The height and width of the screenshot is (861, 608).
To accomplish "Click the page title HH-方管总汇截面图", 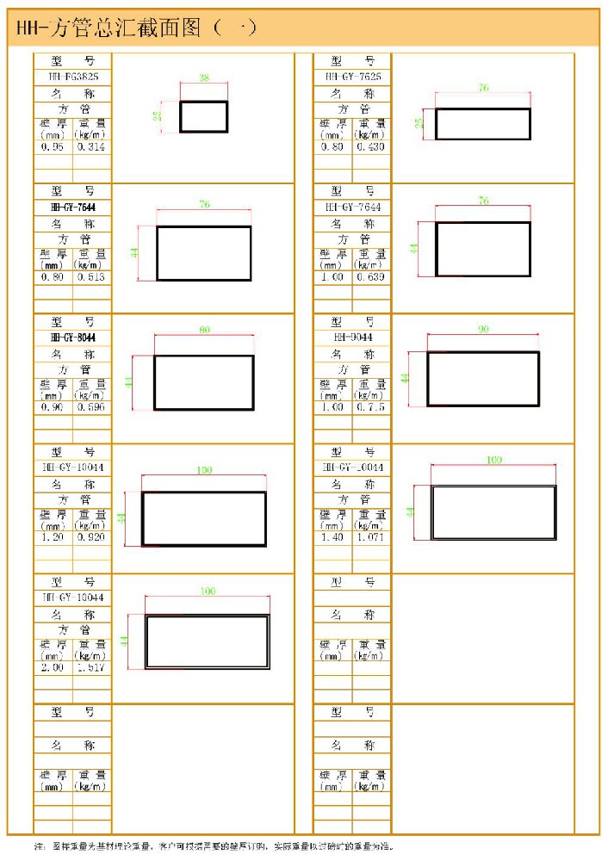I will [x=129, y=28].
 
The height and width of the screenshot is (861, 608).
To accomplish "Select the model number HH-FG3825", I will [x=73, y=77].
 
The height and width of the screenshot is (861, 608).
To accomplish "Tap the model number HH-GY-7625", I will [x=353, y=77].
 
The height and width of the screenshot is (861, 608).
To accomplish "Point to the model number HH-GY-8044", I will [x=73, y=338].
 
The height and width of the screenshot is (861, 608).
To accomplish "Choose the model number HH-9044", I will [x=353, y=338].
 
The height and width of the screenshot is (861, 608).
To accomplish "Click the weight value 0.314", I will [x=91, y=147].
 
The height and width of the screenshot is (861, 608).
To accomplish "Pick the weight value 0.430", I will [x=371, y=147].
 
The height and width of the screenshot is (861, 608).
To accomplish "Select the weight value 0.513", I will [x=91, y=277].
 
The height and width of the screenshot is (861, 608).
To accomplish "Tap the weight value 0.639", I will [x=371, y=277].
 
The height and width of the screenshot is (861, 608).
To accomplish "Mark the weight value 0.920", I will [x=91, y=537].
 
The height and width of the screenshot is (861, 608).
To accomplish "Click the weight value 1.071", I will [x=371, y=537].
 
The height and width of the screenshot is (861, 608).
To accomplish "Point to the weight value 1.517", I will [x=91, y=667].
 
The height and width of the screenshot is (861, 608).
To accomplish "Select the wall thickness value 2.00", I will [x=53, y=667].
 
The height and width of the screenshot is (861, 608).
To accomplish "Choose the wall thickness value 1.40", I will [x=332, y=537].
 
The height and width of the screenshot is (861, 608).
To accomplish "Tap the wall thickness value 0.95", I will [x=53, y=147].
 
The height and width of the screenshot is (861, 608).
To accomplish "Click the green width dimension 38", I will [x=204, y=77].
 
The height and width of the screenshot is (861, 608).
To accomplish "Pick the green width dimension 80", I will [x=204, y=331].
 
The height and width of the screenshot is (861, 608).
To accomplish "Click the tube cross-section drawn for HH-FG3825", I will [x=204, y=116].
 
